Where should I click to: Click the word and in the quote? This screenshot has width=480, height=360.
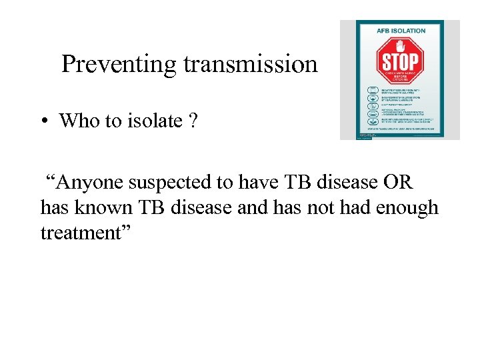coord(251,207)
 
